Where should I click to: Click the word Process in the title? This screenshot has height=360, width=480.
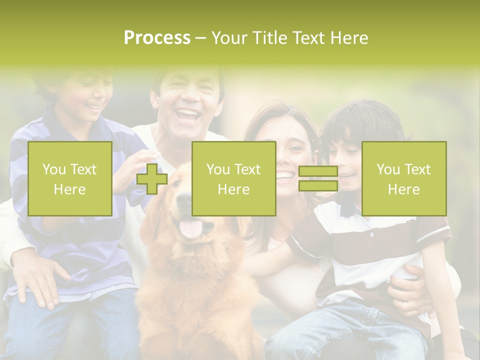pos(157,38)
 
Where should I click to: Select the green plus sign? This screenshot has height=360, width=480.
pos(152,179)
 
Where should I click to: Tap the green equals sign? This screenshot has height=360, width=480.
pos(318,179)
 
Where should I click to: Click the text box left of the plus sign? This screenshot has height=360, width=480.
pos(70,179)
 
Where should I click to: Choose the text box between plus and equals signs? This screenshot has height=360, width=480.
pos(233,179)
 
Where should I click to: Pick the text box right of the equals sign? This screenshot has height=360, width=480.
pos(403,179)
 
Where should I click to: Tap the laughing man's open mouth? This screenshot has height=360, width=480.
pos(188,115)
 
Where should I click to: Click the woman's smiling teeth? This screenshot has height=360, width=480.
pos(286,175)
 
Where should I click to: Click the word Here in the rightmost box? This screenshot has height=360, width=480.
pos(403,189)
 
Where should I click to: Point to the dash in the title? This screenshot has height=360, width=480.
pos(200,38)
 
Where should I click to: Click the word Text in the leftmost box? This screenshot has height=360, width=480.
pos(83,169)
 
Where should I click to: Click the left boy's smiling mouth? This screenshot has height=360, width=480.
pos(93,106)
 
